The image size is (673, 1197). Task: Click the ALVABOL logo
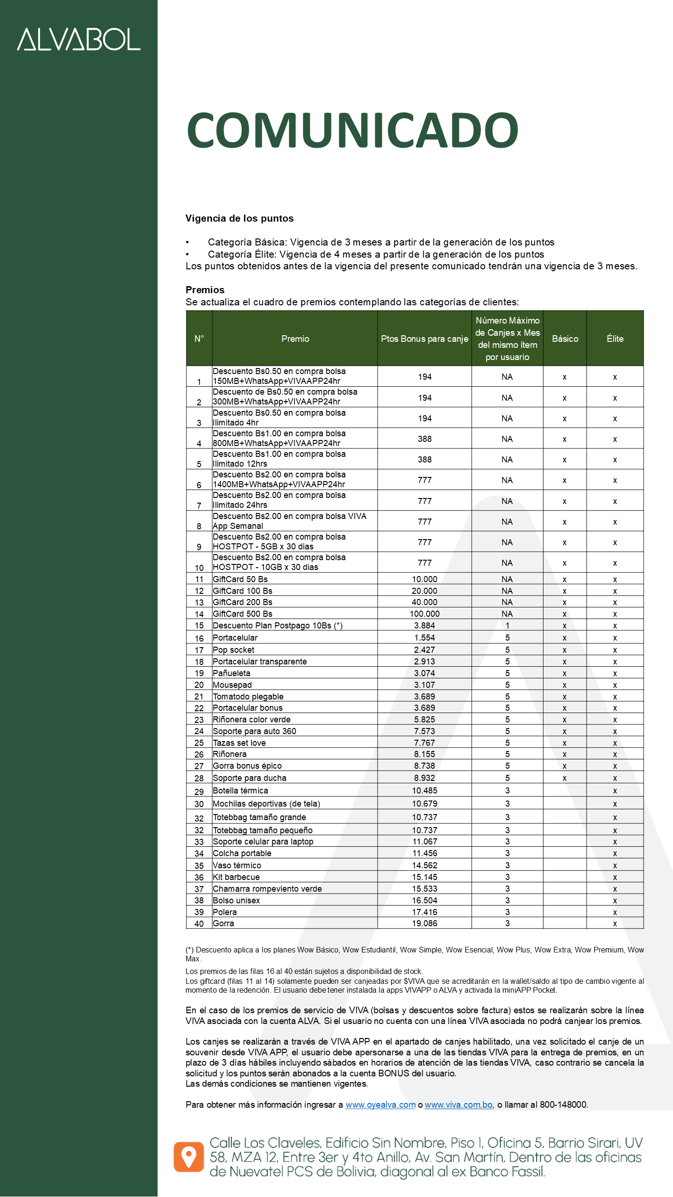(79, 39)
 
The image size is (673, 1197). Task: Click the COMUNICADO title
(352, 130)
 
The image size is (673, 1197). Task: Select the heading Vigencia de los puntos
(239, 218)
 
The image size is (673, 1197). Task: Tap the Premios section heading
(205, 290)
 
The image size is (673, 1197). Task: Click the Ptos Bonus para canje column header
(424, 339)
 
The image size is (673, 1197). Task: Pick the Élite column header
(615, 339)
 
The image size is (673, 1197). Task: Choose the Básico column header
(565, 339)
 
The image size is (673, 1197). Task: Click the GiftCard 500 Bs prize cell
(243, 614)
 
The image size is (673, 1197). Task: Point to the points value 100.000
(424, 614)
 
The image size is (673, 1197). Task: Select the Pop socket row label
(234, 650)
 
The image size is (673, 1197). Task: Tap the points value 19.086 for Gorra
(424, 923)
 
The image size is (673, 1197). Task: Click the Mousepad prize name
(232, 685)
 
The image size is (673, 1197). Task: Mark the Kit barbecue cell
(236, 877)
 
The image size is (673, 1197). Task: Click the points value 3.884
(424, 626)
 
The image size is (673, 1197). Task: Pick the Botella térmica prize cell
(241, 791)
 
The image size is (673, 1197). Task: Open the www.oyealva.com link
(380, 1105)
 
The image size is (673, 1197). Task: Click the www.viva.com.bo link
(458, 1105)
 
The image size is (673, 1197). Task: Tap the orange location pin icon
(189, 1157)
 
